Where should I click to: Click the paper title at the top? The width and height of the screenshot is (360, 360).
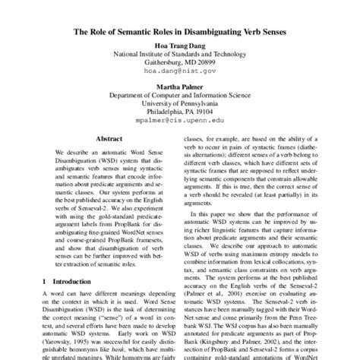coord(180,33)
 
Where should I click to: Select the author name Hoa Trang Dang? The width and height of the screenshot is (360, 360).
coord(180,46)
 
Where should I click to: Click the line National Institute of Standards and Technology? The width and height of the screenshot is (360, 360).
coord(180,55)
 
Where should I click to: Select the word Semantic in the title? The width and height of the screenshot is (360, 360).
coord(129,33)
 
